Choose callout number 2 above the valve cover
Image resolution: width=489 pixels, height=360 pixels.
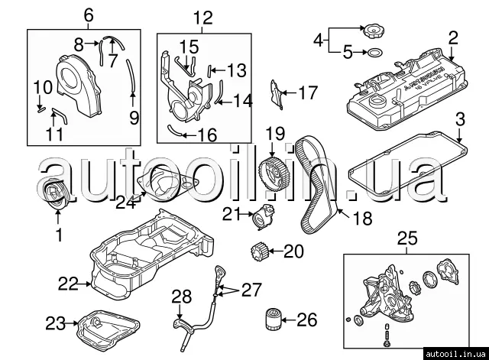pos(452,37)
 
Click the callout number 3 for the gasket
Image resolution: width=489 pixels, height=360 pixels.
pos(460,120)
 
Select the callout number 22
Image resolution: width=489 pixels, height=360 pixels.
pos(67,284)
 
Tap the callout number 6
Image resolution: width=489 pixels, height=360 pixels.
pos(87,15)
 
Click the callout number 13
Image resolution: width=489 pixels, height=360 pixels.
pos(236,71)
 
